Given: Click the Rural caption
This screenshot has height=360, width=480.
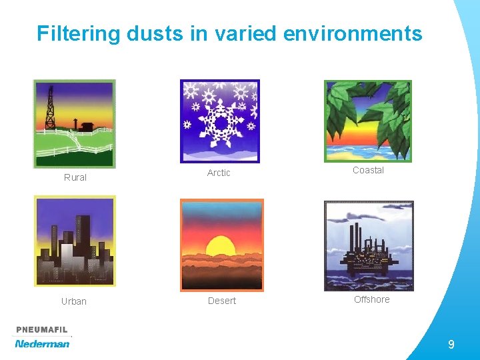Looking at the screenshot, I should (x=75, y=177).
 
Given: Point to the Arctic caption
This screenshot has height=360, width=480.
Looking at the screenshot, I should (x=219, y=173).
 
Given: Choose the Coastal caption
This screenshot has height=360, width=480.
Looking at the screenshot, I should (x=368, y=170).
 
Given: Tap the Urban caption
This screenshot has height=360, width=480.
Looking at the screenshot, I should (x=74, y=301).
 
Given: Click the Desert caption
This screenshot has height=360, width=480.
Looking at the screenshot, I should (x=222, y=301).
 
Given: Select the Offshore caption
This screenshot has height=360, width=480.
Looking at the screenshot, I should (x=372, y=299).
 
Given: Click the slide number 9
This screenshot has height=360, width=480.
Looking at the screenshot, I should (x=451, y=345).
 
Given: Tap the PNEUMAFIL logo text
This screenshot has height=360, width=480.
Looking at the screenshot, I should (x=42, y=331).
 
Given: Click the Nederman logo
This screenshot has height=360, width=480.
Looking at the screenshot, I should (x=42, y=344).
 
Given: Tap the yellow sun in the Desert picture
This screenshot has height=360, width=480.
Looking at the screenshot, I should (x=221, y=247).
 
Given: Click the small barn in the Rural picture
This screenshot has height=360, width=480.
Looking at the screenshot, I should (x=87, y=125).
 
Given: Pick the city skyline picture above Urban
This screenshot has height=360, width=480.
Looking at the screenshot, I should (x=75, y=241).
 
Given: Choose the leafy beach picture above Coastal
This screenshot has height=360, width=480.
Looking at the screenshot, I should (x=368, y=121).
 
